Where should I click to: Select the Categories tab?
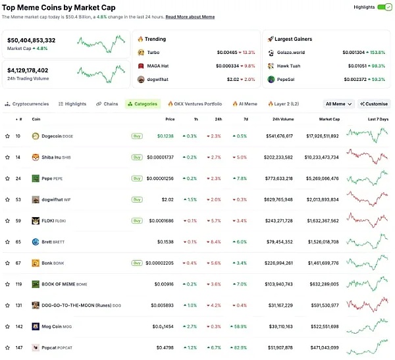click(142, 104)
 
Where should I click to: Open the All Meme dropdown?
click(340, 104)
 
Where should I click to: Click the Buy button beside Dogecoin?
click(137, 136)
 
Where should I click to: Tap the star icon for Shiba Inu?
click(7, 157)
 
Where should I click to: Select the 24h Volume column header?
click(283, 120)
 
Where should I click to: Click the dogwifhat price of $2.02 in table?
click(167, 199)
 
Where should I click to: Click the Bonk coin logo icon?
click(36, 263)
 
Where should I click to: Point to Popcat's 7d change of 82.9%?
click(238, 347)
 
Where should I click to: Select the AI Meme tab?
click(244, 104)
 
